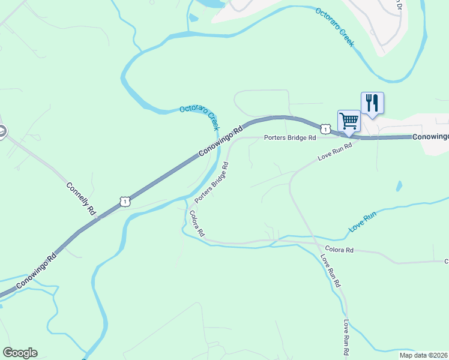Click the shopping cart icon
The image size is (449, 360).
click(349, 121)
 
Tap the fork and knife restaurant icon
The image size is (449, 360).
click(372, 103)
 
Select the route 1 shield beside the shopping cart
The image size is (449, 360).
click(325, 129)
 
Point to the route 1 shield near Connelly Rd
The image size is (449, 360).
click(124, 202)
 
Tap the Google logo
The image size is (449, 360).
click(20, 353)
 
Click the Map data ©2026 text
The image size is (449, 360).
click(424, 355)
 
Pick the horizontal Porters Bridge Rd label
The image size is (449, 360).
click(290, 138)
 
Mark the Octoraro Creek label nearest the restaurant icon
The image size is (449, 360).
click(335, 28)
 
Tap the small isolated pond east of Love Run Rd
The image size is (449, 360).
click(399, 187)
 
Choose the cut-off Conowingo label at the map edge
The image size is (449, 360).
click(430, 137)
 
